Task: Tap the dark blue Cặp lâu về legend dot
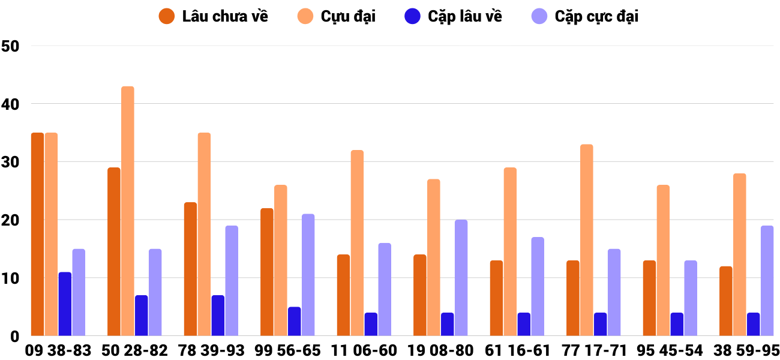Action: [412, 16]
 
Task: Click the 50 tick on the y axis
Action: [11, 46]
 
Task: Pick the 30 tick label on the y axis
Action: [11, 162]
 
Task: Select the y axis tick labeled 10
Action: [11, 278]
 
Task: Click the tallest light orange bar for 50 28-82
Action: [128, 211]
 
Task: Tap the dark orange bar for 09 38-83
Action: [38, 234]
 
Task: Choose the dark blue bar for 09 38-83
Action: [65, 304]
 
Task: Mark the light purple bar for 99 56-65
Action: [308, 275]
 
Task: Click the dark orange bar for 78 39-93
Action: [190, 269]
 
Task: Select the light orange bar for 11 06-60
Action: [357, 242]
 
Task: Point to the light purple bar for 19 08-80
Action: [461, 278]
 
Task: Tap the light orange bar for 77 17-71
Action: [586, 240]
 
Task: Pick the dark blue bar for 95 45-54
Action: [677, 324]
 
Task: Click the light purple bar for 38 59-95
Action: [767, 281]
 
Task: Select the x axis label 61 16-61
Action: [517, 350]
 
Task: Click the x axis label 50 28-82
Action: [134, 350]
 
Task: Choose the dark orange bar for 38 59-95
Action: [726, 301]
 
